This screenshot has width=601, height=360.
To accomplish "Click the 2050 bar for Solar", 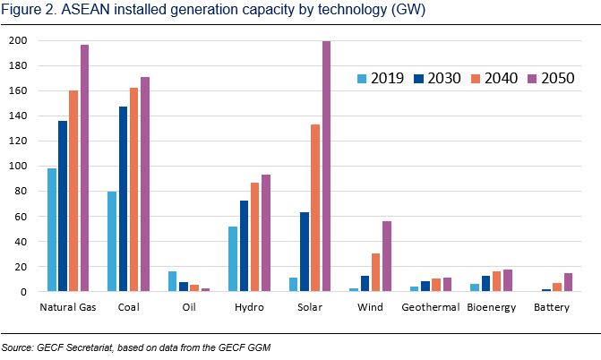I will (328, 167).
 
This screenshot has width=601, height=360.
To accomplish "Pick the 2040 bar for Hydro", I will (256, 237).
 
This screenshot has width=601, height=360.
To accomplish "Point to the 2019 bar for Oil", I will (173, 281).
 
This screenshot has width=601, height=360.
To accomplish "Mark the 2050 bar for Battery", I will (568, 282).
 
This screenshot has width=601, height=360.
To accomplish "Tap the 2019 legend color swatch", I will (362, 78).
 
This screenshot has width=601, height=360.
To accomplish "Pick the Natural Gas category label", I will (69, 307).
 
